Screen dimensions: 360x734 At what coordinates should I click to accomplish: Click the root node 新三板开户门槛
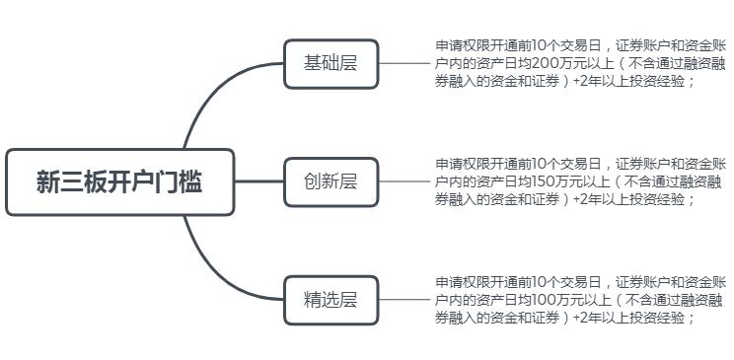pos(119,182)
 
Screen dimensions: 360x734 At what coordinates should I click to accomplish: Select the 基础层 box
pos(330,64)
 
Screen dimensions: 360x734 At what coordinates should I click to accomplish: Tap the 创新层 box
pos(330,181)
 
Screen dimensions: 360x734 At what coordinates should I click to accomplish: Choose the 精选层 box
pos(330,300)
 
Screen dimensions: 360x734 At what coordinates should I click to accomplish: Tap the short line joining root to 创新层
pos(259,181)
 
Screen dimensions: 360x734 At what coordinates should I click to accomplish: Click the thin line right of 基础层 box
pos(404,64)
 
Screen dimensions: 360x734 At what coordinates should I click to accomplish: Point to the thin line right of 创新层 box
pos(404,181)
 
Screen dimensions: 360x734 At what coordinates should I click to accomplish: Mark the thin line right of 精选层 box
pos(404,300)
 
